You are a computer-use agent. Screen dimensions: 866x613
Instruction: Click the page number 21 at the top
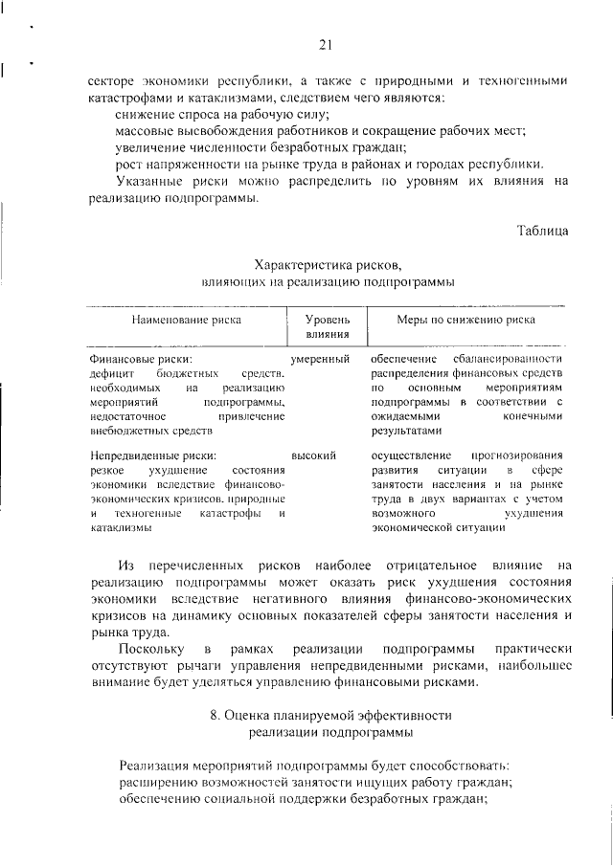click(x=325, y=44)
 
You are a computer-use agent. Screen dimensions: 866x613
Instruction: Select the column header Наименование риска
click(x=187, y=319)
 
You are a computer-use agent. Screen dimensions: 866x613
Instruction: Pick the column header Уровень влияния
click(x=327, y=326)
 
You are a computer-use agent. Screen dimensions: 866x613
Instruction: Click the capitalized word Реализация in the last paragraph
click(x=159, y=766)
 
